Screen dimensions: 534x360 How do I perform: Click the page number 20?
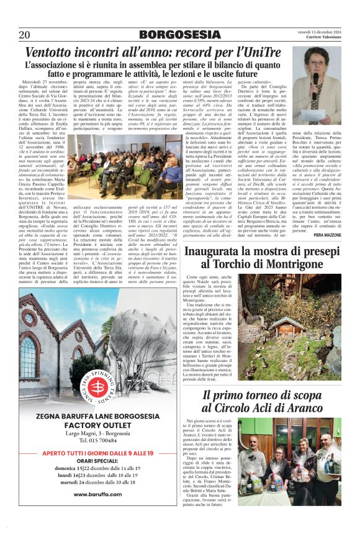25,34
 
